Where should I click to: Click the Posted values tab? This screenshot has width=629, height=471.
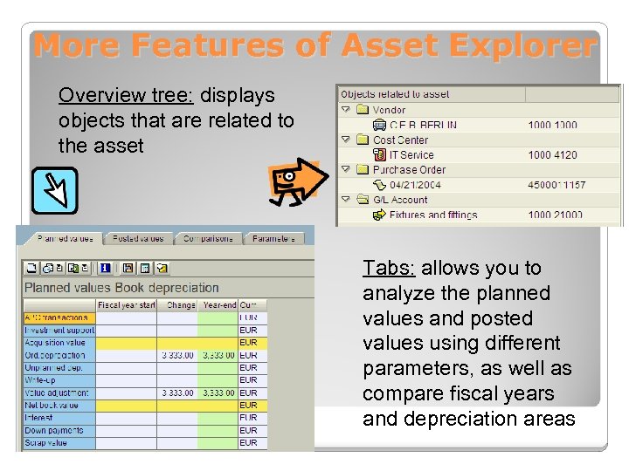pyautogui.click(x=138, y=238)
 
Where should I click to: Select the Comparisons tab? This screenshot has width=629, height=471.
pyautogui.click(x=208, y=238)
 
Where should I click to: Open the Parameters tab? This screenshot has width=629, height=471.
pyautogui.click(x=273, y=238)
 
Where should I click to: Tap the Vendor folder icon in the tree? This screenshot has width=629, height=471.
pyautogui.click(x=361, y=110)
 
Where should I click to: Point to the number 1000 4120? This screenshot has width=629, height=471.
pyautogui.click(x=552, y=155)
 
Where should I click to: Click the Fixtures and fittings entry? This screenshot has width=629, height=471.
pyautogui.click(x=432, y=215)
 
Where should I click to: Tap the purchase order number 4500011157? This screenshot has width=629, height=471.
pyautogui.click(x=556, y=185)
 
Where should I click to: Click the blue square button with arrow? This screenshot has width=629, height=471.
pyautogui.click(x=54, y=190)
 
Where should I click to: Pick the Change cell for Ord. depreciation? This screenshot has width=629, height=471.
pyautogui.click(x=177, y=355)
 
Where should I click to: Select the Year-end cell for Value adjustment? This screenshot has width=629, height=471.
pyautogui.click(x=217, y=392)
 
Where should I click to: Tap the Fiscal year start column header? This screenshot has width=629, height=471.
pyautogui.click(x=127, y=304)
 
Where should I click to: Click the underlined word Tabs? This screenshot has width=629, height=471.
pyautogui.click(x=389, y=268)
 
